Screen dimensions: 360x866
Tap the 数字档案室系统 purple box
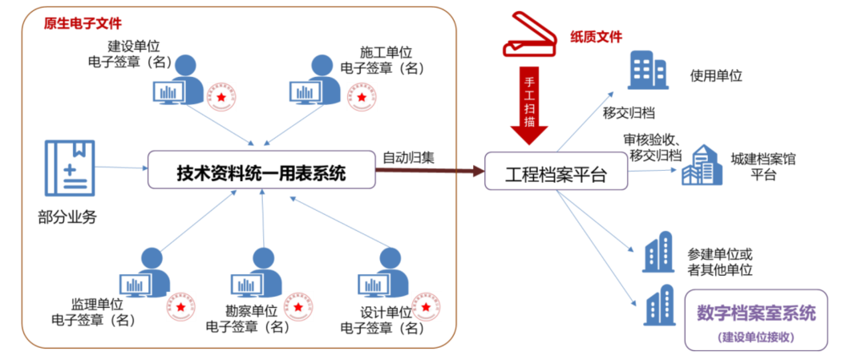(x=756, y=320)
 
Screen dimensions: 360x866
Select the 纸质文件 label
(x=596, y=36)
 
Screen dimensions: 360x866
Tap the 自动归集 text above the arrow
(x=408, y=156)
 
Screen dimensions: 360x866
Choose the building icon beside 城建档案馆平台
(x=701, y=166)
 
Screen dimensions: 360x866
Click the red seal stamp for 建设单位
(x=222, y=96)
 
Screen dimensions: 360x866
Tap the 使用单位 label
(x=716, y=76)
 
